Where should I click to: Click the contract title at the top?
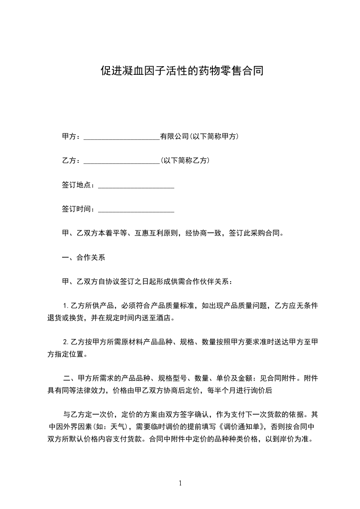point(182,71)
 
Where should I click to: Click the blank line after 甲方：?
point(121,136)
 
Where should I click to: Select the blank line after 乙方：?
point(121,161)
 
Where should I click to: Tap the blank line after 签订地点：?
point(136,185)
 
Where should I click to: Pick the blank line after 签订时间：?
point(136,210)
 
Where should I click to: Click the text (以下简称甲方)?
point(214,136)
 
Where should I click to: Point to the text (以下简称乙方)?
point(185,161)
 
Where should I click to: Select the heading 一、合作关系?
point(83,258)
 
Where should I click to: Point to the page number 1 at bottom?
point(180,483)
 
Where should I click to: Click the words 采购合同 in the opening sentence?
point(268,234)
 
